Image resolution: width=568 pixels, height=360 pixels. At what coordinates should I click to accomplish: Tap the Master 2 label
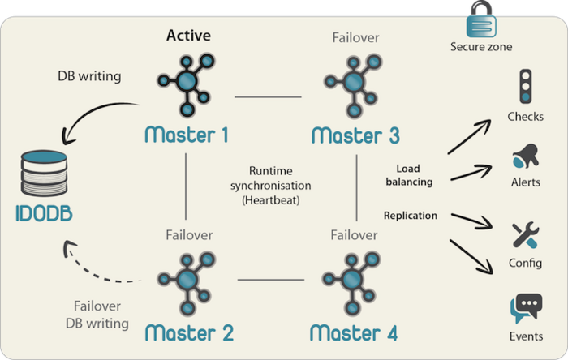tap(189, 332)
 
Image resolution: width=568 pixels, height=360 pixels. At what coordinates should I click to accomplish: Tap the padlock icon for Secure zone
tap(480, 19)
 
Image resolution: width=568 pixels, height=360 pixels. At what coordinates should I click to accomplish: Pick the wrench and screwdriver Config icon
tap(525, 235)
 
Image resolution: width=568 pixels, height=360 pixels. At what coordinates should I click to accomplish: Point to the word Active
tap(188, 36)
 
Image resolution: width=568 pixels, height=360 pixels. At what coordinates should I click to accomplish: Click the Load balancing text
tap(408, 175)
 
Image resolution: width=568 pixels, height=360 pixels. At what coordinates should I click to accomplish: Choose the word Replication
tap(411, 216)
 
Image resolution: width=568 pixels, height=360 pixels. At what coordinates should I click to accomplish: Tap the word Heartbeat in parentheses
tap(269, 198)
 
